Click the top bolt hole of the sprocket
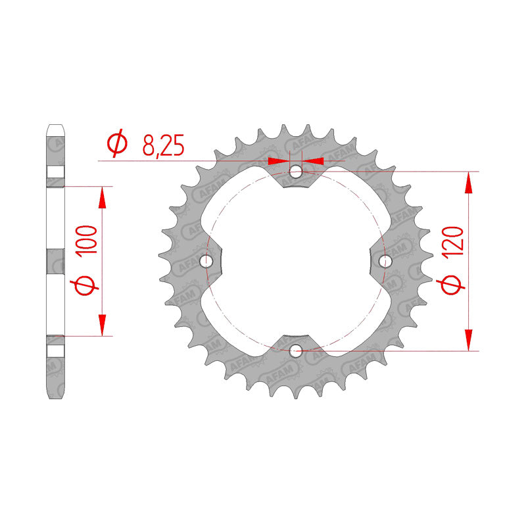[x=295, y=173]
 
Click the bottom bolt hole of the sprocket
[x=295, y=351]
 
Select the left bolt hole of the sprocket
[x=206, y=260]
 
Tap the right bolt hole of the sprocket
[x=385, y=260]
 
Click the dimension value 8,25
[x=163, y=145]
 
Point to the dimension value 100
[x=87, y=241]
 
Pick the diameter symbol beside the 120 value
[x=451, y=285]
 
